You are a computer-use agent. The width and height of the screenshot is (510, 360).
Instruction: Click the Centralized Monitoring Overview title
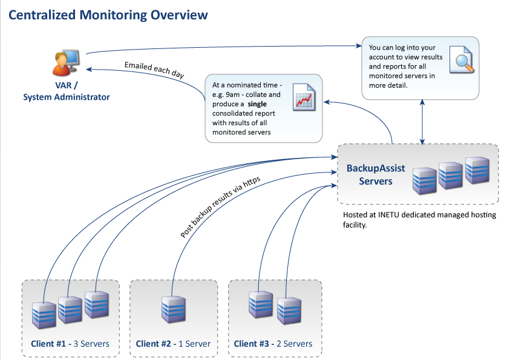(108, 15)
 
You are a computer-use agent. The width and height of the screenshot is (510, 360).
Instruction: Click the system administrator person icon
(66, 62)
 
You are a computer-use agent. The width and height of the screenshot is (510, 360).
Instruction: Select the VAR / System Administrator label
(67, 91)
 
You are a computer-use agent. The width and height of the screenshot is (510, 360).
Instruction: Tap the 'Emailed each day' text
(154, 70)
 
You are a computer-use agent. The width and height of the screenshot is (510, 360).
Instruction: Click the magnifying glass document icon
(462, 59)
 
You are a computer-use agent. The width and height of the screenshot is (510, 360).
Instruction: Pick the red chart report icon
(304, 97)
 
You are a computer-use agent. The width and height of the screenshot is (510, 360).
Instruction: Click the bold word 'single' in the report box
(257, 104)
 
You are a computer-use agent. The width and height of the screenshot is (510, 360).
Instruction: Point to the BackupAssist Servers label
(376, 175)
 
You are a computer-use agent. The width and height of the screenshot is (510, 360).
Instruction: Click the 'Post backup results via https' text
(220, 207)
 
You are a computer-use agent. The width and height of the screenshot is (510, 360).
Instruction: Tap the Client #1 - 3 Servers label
(70, 344)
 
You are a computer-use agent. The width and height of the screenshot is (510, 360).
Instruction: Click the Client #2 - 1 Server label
(173, 344)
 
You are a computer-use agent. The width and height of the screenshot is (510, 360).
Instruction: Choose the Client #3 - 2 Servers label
(273, 344)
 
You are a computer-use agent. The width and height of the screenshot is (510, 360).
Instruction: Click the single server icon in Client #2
(174, 309)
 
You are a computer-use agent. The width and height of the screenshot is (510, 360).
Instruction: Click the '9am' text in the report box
(232, 94)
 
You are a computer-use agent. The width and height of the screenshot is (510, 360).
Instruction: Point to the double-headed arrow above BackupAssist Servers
(422, 122)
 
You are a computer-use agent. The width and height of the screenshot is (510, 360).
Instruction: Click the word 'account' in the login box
(381, 57)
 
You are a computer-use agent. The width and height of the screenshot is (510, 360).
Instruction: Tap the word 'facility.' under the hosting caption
(355, 224)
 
